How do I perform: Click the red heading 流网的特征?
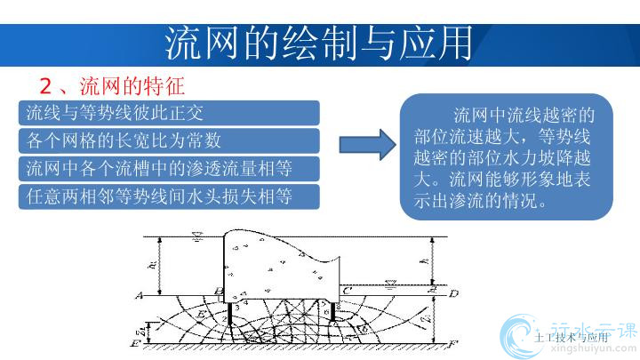[131, 86]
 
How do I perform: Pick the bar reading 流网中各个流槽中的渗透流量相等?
[168, 168]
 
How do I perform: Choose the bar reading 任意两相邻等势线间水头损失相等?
[168, 196]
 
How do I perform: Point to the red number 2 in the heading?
[47, 87]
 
